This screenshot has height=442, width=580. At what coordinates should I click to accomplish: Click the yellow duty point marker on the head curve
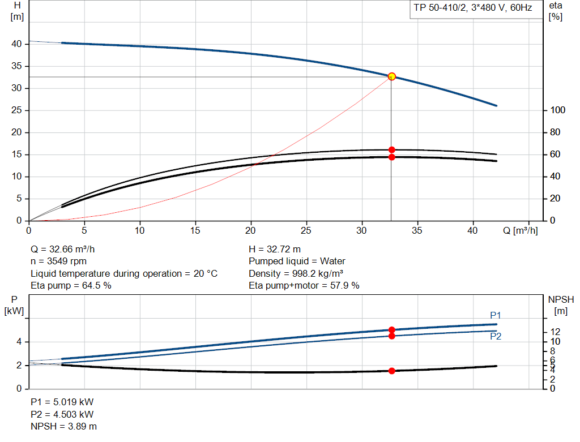tap(391, 76)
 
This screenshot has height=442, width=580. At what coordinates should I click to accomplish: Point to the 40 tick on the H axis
tap(16, 44)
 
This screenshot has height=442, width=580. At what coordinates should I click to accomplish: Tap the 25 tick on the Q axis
tap(306, 231)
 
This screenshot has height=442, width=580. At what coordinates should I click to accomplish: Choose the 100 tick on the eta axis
tap(558, 110)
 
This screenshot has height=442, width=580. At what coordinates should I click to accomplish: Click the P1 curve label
tap(496, 315)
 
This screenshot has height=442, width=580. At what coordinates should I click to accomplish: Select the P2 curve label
tap(496, 336)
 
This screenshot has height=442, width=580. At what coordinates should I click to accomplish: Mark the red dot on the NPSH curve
tap(391, 371)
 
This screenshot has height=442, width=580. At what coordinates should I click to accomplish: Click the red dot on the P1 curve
tap(391, 330)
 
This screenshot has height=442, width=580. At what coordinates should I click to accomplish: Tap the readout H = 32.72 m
tap(275, 249)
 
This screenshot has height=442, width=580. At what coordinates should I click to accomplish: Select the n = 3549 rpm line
tap(59, 261)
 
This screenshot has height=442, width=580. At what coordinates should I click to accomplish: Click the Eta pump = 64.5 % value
tap(71, 286)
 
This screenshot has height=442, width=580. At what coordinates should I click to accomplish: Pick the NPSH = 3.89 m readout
tap(63, 426)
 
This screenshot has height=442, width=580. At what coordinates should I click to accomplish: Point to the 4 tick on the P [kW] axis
tap(19, 342)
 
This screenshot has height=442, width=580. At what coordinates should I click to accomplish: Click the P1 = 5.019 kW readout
tap(62, 402)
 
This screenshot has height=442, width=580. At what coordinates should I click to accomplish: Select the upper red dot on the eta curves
tap(391, 150)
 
